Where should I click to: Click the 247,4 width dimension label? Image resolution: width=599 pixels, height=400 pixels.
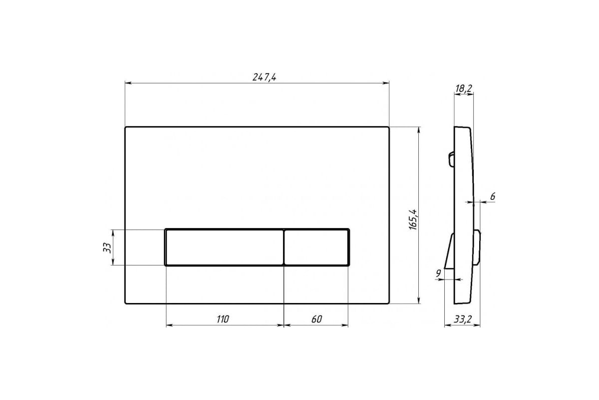click(x=264, y=77)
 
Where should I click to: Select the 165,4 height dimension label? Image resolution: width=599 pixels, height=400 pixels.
click(x=413, y=219)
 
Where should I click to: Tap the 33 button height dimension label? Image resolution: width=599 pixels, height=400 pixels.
click(x=107, y=248)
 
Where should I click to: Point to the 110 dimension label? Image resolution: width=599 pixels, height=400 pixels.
click(x=223, y=319)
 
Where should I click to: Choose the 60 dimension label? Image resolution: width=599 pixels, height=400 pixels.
click(x=316, y=319)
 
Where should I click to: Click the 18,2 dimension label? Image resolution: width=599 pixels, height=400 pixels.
click(x=464, y=88)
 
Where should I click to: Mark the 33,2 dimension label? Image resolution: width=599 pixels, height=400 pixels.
click(x=463, y=319)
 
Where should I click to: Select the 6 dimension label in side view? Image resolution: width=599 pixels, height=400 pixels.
click(x=493, y=196)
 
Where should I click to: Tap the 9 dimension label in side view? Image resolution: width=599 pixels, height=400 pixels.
click(x=438, y=273)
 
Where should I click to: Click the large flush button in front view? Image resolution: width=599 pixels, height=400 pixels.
click(x=224, y=247)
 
